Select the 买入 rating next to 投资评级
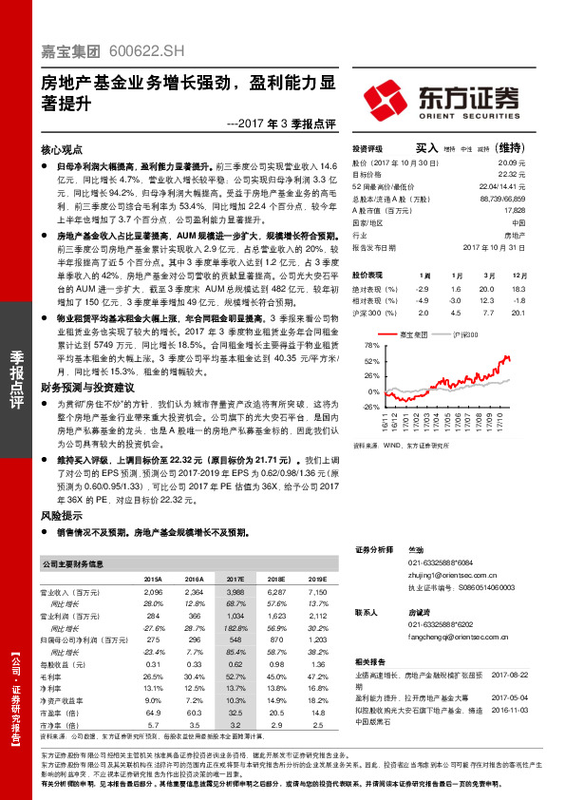click(x=426, y=148)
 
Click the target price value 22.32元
click(x=512, y=175)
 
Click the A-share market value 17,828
click(x=514, y=211)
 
